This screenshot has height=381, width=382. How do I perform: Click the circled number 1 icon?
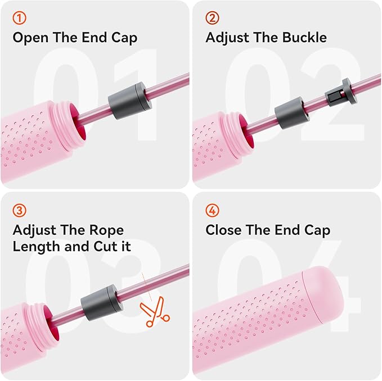tap(19, 18)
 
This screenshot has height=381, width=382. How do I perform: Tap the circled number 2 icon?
tap(212, 18)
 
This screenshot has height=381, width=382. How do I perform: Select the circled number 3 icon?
tap(19, 211)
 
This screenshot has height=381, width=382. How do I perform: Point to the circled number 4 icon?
tap(212, 211)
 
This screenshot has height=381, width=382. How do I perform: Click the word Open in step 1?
tap(30, 38)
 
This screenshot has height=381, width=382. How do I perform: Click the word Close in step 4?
tap(224, 230)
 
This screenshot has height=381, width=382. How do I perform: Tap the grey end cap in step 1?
tap(129, 101)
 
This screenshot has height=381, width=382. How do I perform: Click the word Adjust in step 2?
tap(227, 38)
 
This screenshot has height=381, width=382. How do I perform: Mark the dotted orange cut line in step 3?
tap(147, 287)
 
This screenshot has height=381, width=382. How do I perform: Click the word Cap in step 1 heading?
tap(124, 38)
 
